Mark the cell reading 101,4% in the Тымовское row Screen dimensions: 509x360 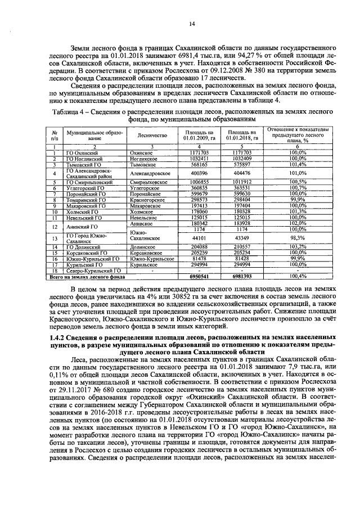(297, 165)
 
